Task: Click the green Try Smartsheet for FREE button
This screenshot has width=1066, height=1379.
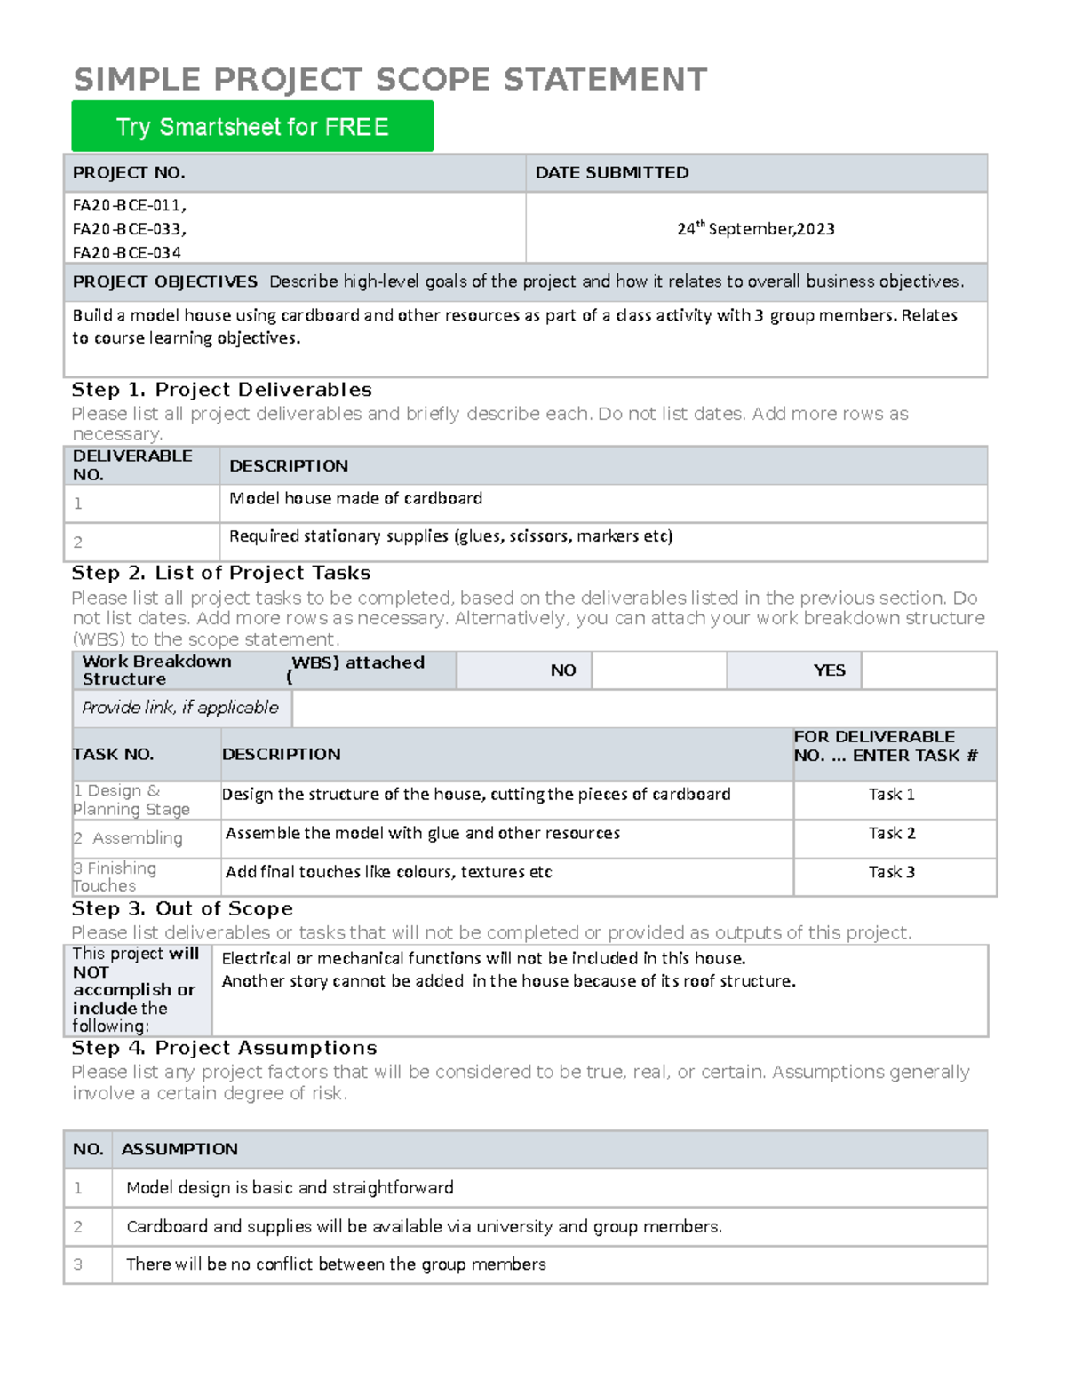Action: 252,126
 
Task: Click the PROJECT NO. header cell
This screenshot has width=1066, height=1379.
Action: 129,172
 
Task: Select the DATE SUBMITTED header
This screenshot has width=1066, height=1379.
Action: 611,172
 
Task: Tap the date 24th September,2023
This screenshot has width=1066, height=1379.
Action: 755,228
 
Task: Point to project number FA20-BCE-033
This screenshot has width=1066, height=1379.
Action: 129,228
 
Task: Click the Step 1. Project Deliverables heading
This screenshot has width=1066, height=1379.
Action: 221,390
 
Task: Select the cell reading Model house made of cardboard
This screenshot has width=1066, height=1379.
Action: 355,499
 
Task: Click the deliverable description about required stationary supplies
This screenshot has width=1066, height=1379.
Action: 450,536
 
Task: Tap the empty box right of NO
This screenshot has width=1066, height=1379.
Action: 658,670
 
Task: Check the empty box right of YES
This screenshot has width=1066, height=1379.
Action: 928,670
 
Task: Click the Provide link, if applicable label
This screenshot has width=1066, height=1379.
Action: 180,708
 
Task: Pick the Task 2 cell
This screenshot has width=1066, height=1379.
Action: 891,834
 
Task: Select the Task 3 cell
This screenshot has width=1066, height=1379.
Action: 891,872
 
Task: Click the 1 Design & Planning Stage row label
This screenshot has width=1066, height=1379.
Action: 131,800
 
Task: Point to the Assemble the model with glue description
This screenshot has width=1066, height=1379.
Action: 423,834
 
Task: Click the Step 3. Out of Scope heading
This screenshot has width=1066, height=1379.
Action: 182,909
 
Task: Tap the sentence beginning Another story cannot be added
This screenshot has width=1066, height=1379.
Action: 508,981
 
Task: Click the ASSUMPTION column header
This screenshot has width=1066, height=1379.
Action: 179,1149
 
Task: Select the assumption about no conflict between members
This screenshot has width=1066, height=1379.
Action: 336,1264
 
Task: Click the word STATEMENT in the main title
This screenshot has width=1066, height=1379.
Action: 605,80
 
